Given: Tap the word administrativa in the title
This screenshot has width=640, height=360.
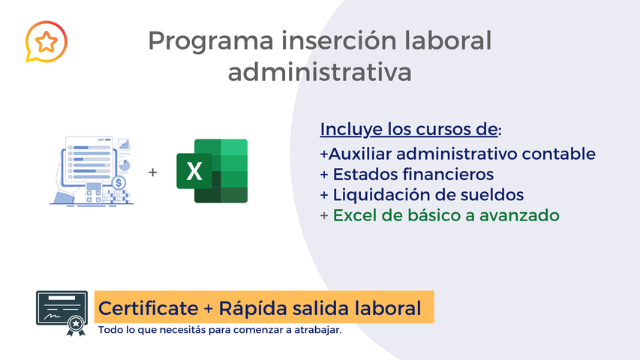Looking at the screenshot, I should pos(320,73).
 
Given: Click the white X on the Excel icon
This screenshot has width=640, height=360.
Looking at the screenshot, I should pos(194,172).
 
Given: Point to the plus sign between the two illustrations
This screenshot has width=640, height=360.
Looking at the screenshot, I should pos(153,172).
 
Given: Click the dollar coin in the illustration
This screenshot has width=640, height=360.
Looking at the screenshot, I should pos(119,181).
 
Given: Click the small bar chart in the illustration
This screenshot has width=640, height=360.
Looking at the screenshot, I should pos(124,143).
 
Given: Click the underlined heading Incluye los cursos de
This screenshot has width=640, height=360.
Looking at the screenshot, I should pos(409,129).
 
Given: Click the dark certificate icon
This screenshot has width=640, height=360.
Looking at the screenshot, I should pos(62,312).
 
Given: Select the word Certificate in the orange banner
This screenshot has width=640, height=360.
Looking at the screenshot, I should pos(146,308).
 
